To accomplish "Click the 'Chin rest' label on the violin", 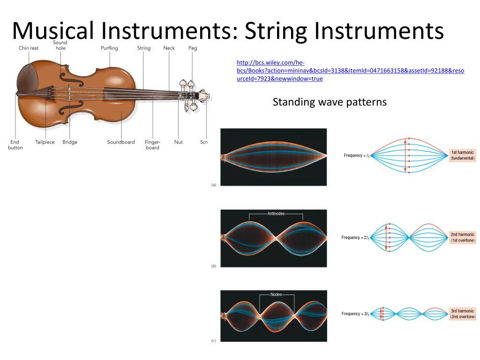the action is pos(29,48).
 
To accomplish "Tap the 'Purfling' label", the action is pos(109,48).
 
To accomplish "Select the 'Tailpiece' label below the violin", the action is pos(45,142).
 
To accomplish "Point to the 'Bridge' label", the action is pos(70,142).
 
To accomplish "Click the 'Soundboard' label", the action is pos(121,142).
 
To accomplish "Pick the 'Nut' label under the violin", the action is pos(179,142).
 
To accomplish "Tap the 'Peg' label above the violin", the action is pos(193,48).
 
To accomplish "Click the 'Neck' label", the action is pos(169,48).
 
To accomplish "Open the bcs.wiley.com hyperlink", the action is pos(350,70).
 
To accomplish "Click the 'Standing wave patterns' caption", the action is pos(330,102).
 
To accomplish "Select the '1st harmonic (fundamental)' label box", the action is pos(463,156).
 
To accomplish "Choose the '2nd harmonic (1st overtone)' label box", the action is pos(463,237).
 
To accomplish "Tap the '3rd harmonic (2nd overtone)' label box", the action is pos(463,314).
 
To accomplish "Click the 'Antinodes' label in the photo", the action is pos(276,214).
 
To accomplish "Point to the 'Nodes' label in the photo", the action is pos(277,295).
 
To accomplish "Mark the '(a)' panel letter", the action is pos(214,185).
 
